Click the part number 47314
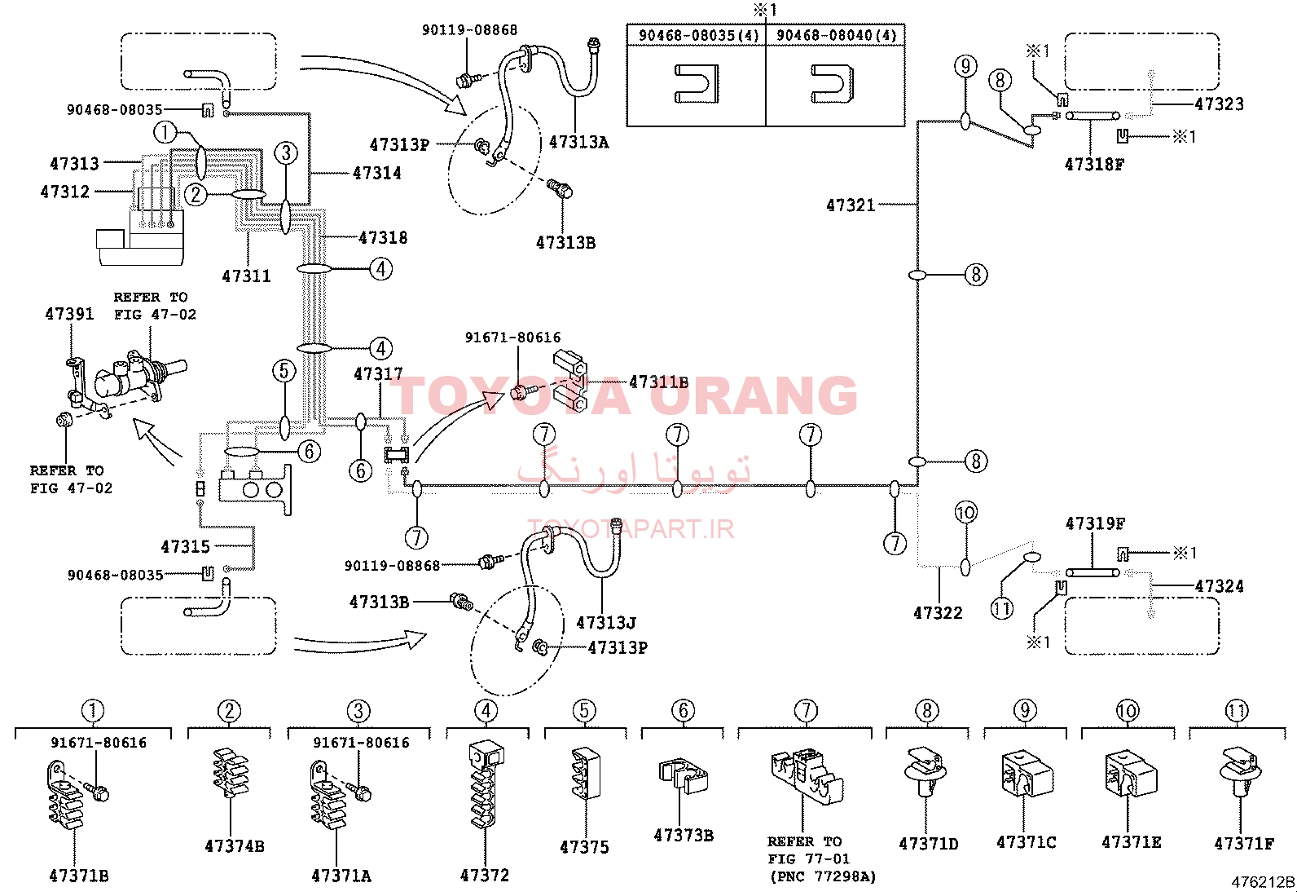coord(377,173)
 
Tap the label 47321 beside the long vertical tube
coord(851,205)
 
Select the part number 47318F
coord(1094,165)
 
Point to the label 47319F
coord(1096,524)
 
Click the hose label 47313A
coord(578,142)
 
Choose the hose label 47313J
coord(606,623)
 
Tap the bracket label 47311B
coord(659,382)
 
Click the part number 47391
coord(69,314)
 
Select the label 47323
coord(1220,104)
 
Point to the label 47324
coord(1220,586)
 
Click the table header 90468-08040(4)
coord(836,35)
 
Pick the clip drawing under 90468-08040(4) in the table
coord(832,83)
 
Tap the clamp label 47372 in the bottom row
coord(485,875)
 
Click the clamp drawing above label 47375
coord(586,774)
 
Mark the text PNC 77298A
coord(824,877)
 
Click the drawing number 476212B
coord(1263,882)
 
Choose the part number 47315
coord(185,546)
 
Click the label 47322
coord(938,612)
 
